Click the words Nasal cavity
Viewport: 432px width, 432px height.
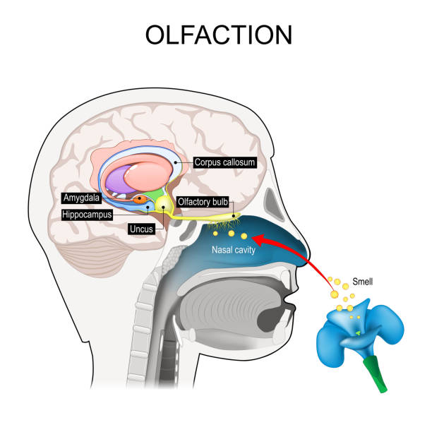[x=234, y=249]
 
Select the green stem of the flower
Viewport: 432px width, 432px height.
[x=373, y=373]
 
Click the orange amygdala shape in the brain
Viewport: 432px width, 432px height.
[x=142, y=200]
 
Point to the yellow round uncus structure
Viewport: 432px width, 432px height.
[x=164, y=205]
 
